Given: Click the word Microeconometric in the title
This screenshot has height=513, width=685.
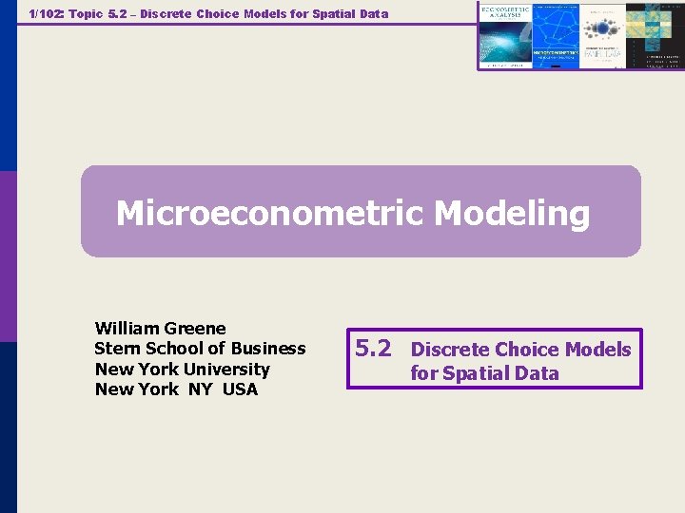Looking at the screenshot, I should pyautogui.click(x=270, y=213).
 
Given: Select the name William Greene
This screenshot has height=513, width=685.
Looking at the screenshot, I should pyautogui.click(x=160, y=329).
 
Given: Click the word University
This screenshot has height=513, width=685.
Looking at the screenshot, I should pyautogui.click(x=226, y=370).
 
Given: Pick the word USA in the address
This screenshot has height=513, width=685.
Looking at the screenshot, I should pyautogui.click(x=240, y=389).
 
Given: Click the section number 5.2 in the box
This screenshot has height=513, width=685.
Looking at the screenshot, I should pyautogui.click(x=372, y=348).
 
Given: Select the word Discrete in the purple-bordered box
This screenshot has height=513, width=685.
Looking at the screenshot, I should pyautogui.click(x=451, y=350).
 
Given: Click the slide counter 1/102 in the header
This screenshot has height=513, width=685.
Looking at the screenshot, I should pyautogui.click(x=47, y=13).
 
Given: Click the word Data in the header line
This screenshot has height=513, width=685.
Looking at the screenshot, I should pyautogui.click(x=372, y=13).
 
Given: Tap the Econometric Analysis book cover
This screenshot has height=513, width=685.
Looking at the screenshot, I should pyautogui.click(x=504, y=35).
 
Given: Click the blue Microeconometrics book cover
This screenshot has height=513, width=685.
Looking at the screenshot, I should pyautogui.click(x=554, y=35).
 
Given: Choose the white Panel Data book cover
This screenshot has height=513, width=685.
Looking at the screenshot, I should pyautogui.click(x=602, y=35).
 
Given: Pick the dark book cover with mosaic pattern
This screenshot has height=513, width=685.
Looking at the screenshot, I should pyautogui.click(x=655, y=35).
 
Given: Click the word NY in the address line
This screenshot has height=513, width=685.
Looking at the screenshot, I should pyautogui.click(x=201, y=389).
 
